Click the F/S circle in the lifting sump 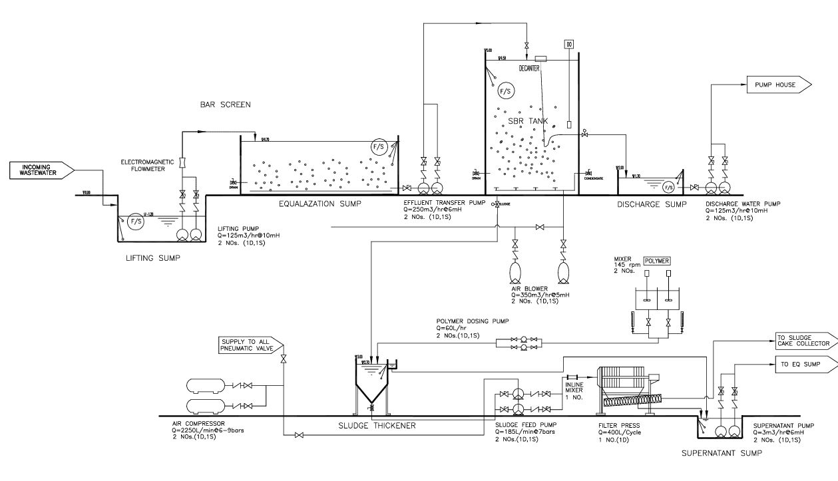136,221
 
